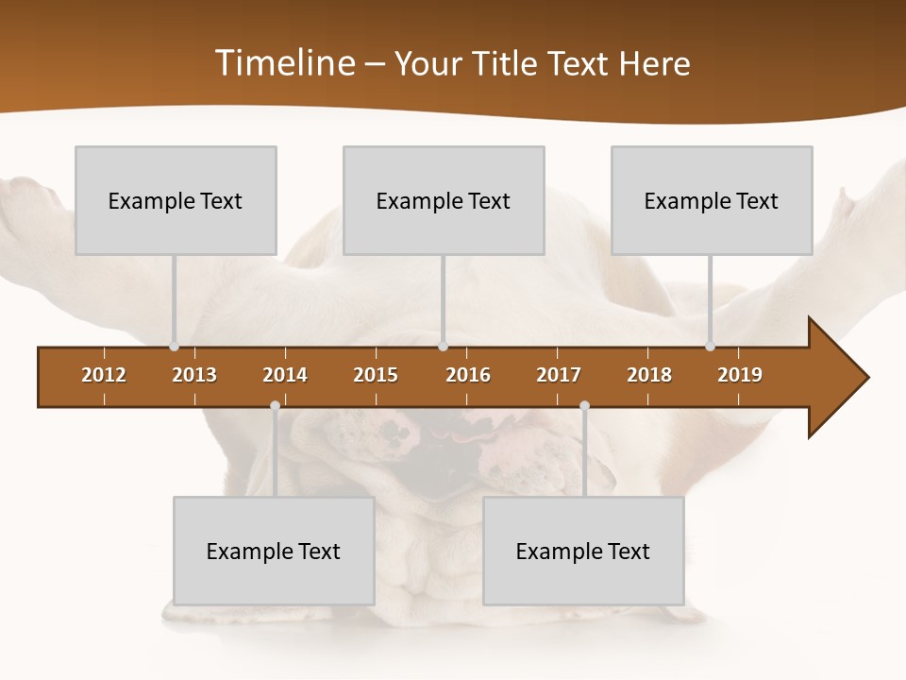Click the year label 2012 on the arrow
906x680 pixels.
click(104, 375)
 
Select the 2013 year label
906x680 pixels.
click(194, 375)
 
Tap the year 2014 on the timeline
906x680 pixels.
click(285, 375)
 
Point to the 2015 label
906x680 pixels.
click(376, 375)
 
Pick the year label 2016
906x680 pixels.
click(468, 375)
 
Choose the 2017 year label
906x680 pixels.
click(559, 375)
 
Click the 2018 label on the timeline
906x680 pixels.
click(649, 375)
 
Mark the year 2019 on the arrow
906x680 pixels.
click(740, 375)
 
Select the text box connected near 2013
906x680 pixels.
click(176, 200)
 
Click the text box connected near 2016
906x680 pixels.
click(444, 200)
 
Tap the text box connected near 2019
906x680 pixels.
click(712, 200)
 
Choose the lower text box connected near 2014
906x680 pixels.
click(274, 551)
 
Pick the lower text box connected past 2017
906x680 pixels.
click(583, 551)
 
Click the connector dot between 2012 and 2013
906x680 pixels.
click(174, 347)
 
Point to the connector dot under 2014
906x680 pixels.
click(275, 406)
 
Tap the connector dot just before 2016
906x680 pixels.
click(443, 347)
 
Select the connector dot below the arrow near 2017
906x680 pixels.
click(584, 406)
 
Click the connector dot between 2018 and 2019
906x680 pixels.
click(710, 347)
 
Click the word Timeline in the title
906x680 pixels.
click(284, 63)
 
